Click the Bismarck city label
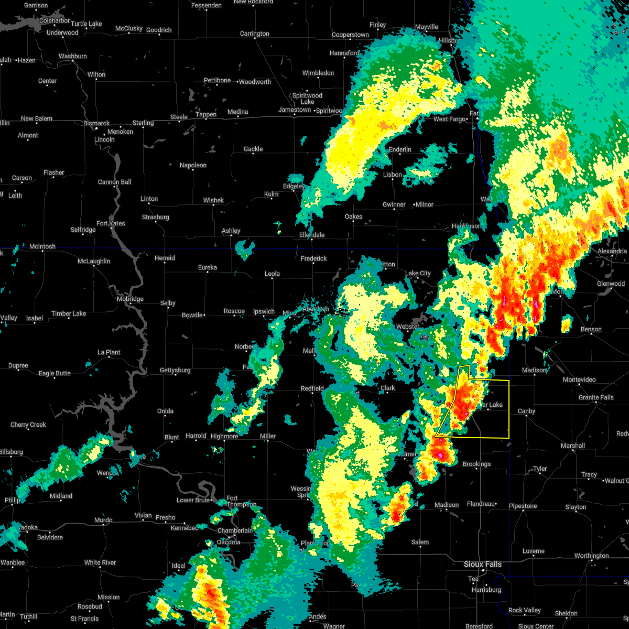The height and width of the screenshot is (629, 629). pyautogui.click(x=96, y=123)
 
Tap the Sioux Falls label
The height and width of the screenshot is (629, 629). pyautogui.click(x=482, y=564)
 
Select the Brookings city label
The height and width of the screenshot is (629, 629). pyautogui.click(x=476, y=464)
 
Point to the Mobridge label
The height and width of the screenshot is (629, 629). pyautogui.click(x=129, y=299)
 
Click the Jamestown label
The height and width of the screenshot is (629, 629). pyautogui.click(x=295, y=110)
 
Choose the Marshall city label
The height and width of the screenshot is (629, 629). pyautogui.click(x=572, y=446)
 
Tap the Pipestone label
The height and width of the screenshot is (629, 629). pyautogui.click(x=523, y=506)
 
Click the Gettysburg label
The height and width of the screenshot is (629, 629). pyautogui.click(x=175, y=370)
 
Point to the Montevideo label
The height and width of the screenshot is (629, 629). pyautogui.click(x=579, y=379)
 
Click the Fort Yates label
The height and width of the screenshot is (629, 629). pyautogui.click(x=111, y=223)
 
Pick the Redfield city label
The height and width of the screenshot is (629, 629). pyautogui.click(x=312, y=388)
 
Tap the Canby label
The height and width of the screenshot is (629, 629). pyautogui.click(x=526, y=411)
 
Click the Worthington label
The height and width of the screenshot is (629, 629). pyautogui.click(x=591, y=556)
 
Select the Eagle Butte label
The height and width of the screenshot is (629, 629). pyautogui.click(x=55, y=373)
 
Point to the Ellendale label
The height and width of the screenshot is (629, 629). pyautogui.click(x=311, y=235)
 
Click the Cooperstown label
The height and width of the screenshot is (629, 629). pyautogui.click(x=350, y=35)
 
